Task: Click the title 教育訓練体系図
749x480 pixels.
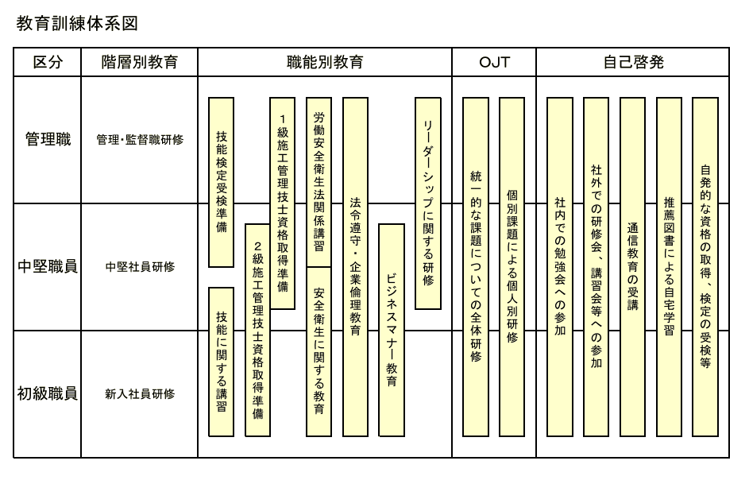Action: [77, 24]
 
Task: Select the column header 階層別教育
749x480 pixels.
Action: [140, 63]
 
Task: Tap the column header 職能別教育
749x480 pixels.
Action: [325, 63]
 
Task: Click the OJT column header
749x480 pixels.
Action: [494, 63]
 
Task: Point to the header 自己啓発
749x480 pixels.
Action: [632, 63]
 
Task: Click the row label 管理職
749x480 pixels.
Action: [48, 140]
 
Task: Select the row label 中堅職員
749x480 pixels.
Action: [48, 266]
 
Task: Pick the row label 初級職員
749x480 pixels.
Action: [48, 393]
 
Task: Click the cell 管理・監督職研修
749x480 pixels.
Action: [140, 140]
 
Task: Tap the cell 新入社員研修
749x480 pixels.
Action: [140, 393]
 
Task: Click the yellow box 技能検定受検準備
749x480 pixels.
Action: [221, 182]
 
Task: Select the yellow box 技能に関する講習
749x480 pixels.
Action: [221, 362]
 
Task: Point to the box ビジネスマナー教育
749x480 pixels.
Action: [391, 330]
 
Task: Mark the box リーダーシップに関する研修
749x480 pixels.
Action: [428, 203]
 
